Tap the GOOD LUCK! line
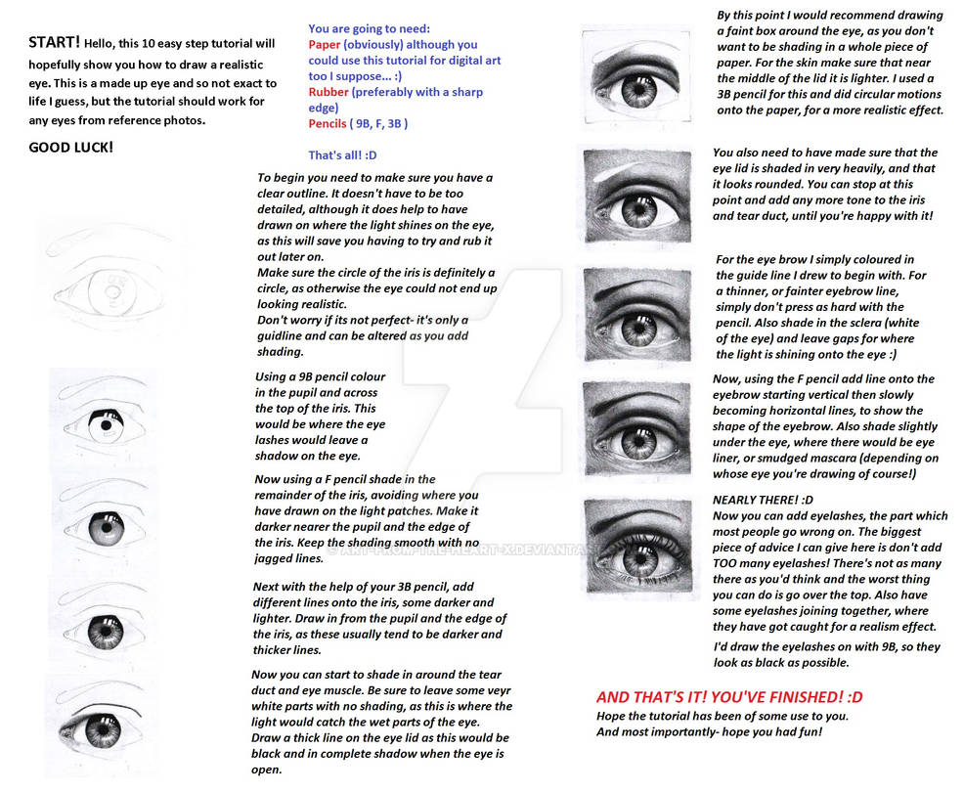pos(70,147)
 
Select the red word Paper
pos(325,44)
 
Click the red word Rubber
pos(329,92)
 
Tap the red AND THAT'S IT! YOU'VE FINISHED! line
pos(729,697)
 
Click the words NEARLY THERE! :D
pos(757,500)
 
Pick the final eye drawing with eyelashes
pos(640,549)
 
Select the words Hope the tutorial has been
pos(675,716)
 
